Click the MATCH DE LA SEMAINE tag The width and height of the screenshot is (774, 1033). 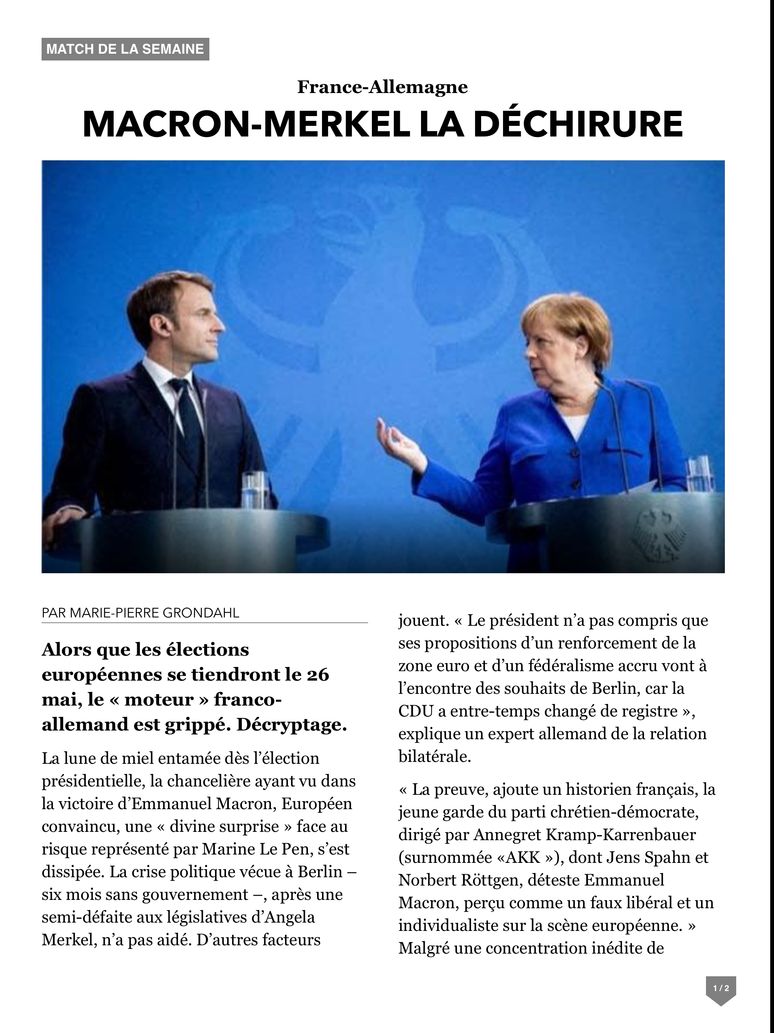click(x=125, y=49)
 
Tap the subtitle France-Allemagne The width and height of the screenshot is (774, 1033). click(x=382, y=87)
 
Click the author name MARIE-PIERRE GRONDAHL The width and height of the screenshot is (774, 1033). click(x=154, y=613)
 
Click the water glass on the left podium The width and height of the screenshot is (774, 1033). click(x=254, y=490)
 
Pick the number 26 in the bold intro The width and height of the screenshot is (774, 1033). click(x=317, y=675)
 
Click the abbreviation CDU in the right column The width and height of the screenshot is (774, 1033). click(x=415, y=711)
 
